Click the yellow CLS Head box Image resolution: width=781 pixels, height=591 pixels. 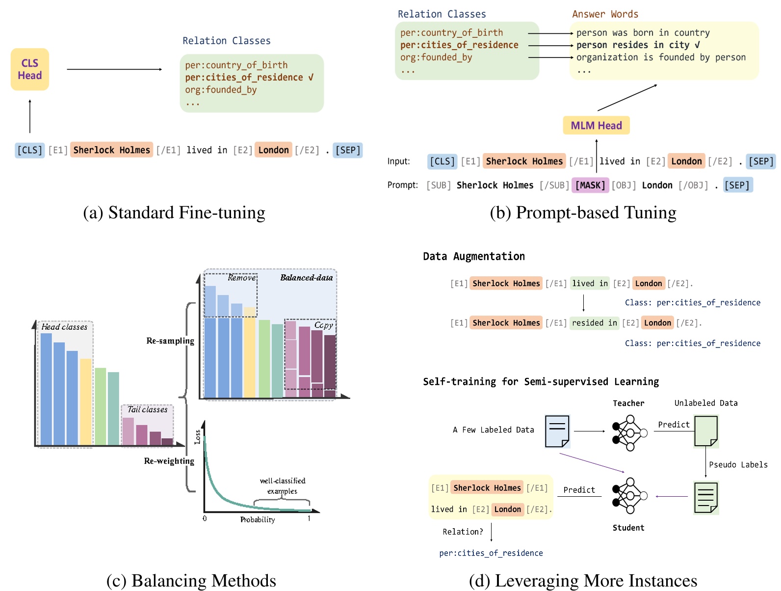(30, 69)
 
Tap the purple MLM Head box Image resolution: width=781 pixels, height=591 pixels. (596, 126)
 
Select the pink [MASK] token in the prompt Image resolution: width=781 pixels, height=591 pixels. (590, 185)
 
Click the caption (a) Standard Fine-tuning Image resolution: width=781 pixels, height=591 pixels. (174, 213)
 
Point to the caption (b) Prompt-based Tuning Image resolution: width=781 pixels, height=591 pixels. (583, 213)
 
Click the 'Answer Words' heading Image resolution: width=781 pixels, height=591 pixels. (605, 14)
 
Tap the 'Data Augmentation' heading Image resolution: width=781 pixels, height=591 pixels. (473, 256)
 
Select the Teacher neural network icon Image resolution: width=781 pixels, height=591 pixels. (629, 433)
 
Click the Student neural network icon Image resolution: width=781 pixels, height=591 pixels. (629, 496)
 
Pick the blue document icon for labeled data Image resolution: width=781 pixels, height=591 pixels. (557, 431)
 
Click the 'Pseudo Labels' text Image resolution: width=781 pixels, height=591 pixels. (738, 464)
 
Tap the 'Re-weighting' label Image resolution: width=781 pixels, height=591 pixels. (169, 461)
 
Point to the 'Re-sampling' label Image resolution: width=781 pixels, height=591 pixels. (170, 341)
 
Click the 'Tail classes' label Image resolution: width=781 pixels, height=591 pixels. (147, 409)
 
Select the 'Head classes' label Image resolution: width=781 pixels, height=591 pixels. (64, 327)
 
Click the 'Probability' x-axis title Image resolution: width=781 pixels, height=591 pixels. (258, 519)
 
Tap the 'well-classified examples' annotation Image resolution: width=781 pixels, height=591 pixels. (282, 485)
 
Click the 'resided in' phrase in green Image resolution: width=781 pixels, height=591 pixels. (594, 323)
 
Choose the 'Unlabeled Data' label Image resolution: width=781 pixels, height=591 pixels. (705, 403)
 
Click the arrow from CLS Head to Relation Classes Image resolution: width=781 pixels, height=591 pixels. (114, 69)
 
